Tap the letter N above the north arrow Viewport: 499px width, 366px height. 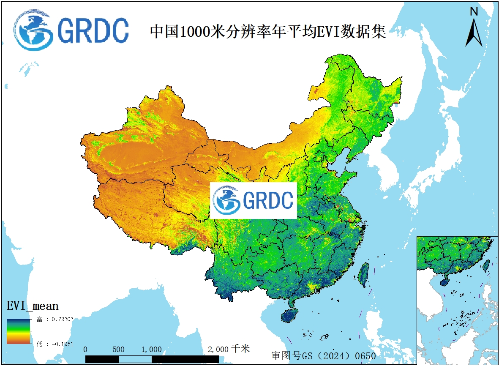pyautogui.click(x=474, y=11)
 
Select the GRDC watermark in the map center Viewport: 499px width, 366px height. pyautogui.click(x=254, y=200)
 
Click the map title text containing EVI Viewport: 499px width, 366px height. pyautogui.click(x=268, y=32)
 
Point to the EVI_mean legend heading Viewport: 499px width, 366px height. pyautogui.click(x=33, y=306)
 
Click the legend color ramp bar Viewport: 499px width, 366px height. pyautogui.click(x=18, y=331)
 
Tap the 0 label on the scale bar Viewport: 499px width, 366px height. pyautogui.click(x=86, y=350)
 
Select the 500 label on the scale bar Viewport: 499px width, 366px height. pyautogui.click(x=119, y=350)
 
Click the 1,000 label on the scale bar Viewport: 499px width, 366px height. pyautogui.click(x=151, y=350)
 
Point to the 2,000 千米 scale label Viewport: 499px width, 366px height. pyautogui.click(x=229, y=349)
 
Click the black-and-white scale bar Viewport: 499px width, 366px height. pyautogui.click(x=152, y=359)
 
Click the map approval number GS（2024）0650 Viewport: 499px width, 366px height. pyautogui.click(x=324, y=356)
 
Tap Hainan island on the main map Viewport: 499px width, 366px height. pyautogui.click(x=290, y=315)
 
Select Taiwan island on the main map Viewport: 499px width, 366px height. pyautogui.click(x=363, y=275)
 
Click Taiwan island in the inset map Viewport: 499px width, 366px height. pyautogui.click(x=486, y=265)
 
